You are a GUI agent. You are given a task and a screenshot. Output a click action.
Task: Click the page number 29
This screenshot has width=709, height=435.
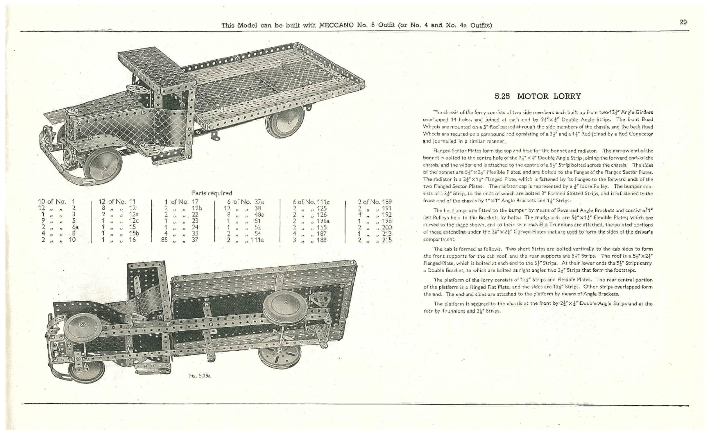point(683,22)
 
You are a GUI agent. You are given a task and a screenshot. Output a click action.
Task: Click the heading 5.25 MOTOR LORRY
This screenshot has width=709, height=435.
point(538,96)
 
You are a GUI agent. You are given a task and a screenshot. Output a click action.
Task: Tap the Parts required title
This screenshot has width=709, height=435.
point(212,193)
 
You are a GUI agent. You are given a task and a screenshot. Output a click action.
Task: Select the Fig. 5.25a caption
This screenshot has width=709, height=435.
point(200,376)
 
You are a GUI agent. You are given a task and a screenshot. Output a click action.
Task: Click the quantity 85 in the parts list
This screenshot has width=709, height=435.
point(164,240)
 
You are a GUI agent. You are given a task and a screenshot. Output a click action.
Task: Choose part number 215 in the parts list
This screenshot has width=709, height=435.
point(387,240)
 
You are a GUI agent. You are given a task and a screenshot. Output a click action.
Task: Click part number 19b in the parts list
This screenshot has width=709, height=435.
point(197,208)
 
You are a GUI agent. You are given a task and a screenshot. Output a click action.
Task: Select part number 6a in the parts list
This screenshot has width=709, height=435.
point(75,227)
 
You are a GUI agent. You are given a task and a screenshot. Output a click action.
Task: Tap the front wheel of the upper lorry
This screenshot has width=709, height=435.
point(104,168)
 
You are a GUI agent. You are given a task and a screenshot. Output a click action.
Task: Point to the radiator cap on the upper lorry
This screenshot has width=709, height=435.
point(72,111)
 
